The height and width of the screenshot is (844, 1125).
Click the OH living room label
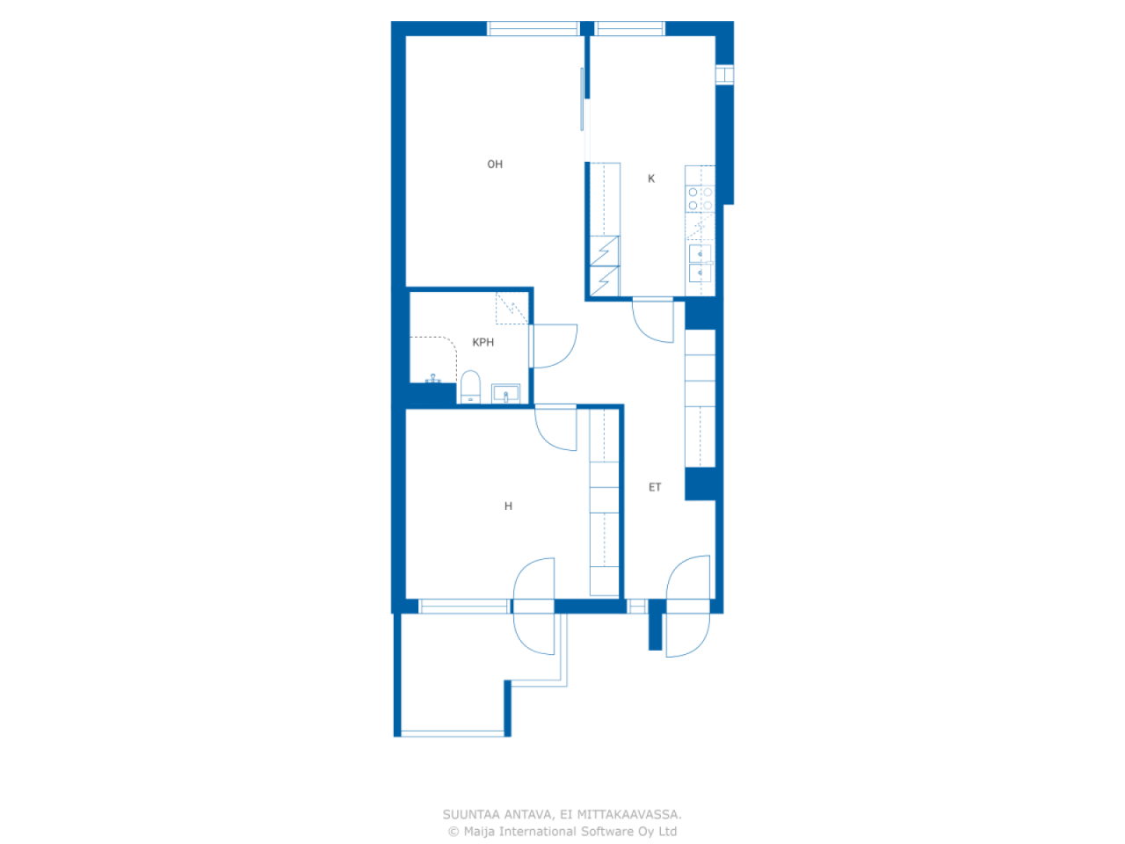[x=494, y=164]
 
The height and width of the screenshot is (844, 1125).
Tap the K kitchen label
[x=651, y=178]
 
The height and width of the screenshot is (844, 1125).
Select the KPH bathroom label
[x=483, y=342]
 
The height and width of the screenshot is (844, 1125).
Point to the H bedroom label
[x=508, y=506]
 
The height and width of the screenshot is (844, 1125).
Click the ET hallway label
[x=655, y=487]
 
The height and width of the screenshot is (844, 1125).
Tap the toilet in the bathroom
[x=470, y=388]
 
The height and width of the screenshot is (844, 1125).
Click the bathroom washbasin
[x=505, y=394]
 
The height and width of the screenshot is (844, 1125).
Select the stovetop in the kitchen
[x=700, y=199]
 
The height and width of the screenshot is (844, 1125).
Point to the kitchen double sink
[x=700, y=264]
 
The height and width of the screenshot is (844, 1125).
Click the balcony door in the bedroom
[x=533, y=607]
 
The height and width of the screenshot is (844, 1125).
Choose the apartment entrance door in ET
[x=688, y=607]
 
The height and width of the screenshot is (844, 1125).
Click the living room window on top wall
[x=533, y=29]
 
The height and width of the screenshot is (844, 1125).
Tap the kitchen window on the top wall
[x=629, y=29]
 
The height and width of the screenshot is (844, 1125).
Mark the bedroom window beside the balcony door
[x=464, y=607]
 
